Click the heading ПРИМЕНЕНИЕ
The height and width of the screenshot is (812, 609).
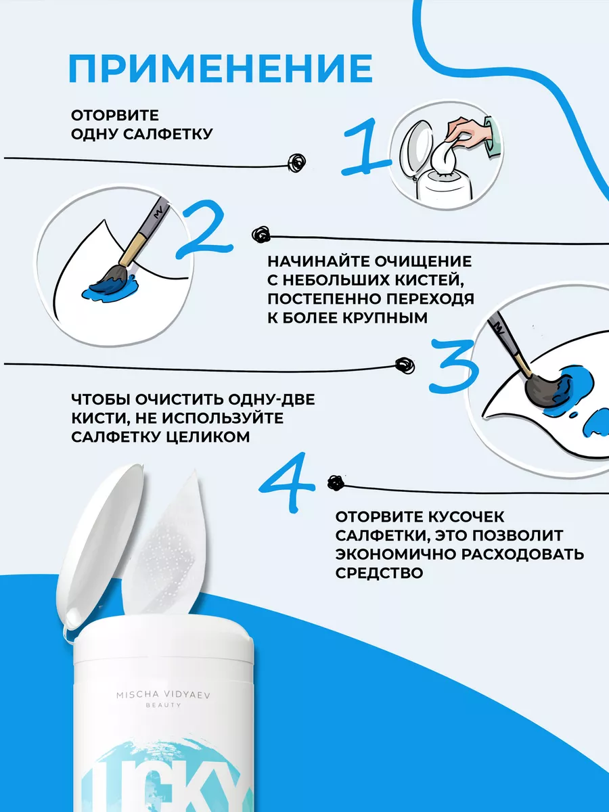coord(221,69)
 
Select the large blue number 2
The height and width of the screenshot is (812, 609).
coord(204,229)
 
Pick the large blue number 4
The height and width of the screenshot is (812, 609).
coord(287,482)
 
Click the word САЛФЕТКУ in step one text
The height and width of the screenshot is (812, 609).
coord(168,134)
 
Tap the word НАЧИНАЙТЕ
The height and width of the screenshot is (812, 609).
coord(319,262)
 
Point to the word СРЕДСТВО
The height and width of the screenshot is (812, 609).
coord(379,573)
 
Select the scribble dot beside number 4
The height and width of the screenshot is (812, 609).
coord(336,482)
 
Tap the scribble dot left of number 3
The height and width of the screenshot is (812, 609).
coord(405,366)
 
